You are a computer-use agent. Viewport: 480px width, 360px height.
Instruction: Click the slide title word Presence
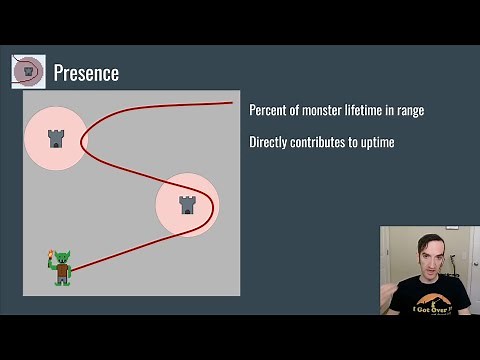pos(86,73)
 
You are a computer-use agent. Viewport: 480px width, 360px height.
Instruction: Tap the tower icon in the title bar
pos(28,71)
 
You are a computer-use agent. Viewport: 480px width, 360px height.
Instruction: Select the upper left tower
pos(56,138)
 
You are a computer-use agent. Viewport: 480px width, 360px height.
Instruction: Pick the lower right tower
pos(187,204)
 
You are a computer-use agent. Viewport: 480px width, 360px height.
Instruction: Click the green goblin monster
pos(62,268)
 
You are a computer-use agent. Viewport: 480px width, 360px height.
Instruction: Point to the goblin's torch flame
pos(50,258)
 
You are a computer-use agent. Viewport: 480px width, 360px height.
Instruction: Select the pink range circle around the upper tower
pos(40,155)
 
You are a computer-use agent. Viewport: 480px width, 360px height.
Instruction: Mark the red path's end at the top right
pos(232,102)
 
